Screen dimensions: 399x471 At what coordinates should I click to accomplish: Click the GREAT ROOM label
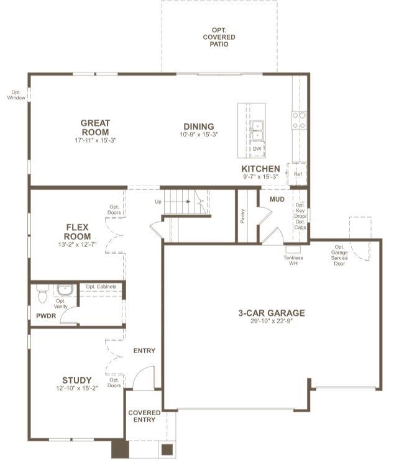(95, 128)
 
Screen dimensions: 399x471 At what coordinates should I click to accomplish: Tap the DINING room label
(199, 127)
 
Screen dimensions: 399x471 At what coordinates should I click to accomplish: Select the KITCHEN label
(260, 169)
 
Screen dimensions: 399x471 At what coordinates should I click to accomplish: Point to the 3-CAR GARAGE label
(272, 313)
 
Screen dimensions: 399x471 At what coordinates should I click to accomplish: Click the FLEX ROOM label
(77, 231)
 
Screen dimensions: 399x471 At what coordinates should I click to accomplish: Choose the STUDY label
(76, 380)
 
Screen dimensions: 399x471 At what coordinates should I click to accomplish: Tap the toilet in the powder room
(42, 294)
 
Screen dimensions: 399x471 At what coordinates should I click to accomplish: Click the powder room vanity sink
(65, 290)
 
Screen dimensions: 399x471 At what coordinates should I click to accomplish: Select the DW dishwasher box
(257, 149)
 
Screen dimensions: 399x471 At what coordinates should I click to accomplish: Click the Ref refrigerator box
(297, 174)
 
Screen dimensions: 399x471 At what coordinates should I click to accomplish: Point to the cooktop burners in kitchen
(299, 120)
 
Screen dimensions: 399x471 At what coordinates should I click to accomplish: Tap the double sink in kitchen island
(257, 131)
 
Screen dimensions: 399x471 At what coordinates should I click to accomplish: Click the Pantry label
(242, 216)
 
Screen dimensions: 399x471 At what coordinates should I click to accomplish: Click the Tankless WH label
(293, 261)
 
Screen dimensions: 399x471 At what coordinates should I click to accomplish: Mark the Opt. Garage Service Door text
(339, 255)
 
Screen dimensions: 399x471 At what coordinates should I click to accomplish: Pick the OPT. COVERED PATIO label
(219, 37)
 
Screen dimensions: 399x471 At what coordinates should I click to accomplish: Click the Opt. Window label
(16, 95)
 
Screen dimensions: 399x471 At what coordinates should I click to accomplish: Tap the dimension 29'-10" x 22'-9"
(272, 321)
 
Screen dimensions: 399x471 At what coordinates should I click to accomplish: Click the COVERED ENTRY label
(144, 416)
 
